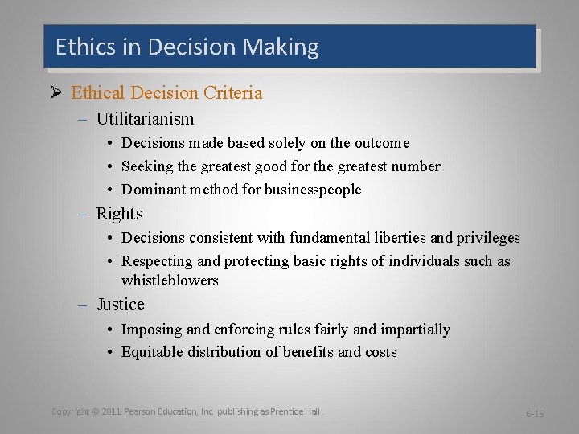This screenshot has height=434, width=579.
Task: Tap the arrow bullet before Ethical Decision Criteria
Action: coord(58,93)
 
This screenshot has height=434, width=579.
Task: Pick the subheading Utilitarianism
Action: coord(145,120)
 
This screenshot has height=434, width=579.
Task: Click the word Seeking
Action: coord(148,166)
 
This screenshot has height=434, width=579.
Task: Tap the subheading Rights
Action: coord(119,214)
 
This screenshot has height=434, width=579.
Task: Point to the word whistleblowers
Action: coord(169,280)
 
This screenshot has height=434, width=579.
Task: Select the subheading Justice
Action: coord(120,305)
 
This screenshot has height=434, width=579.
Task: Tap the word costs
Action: coord(380,352)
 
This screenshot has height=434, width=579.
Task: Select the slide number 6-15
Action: coord(535,413)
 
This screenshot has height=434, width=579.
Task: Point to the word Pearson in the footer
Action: coord(141,411)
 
